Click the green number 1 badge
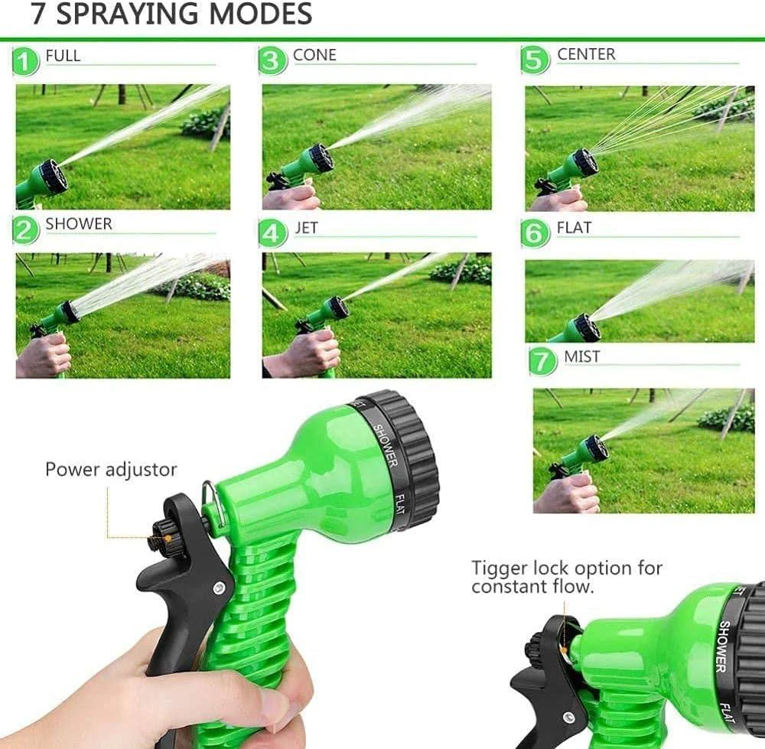tap(25, 61)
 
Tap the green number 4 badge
tap(272, 233)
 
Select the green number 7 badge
tap(542, 362)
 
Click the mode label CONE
tap(314, 54)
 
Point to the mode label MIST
tap(581, 357)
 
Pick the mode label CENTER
tap(586, 54)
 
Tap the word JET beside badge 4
tap(306, 228)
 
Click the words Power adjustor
tap(111, 470)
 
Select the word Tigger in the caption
tap(499, 568)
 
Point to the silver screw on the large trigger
tap(218, 588)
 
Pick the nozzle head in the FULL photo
tap(52, 177)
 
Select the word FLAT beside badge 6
tap(574, 227)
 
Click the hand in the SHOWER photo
tap(43, 356)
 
